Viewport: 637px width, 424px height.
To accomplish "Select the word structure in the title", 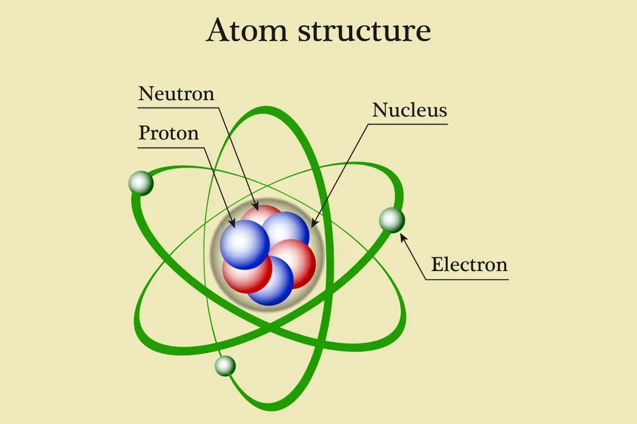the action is pyautogui.click(x=365, y=32).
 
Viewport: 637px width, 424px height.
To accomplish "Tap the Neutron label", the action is pyautogui.click(x=176, y=93).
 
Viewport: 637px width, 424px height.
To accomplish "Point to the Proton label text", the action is pyautogui.click(x=168, y=134).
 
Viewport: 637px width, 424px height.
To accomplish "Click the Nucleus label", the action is pyautogui.click(x=410, y=110).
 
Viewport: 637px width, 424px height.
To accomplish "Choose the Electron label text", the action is pyautogui.click(x=469, y=264).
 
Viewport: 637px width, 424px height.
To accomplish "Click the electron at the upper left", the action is pyautogui.click(x=141, y=183).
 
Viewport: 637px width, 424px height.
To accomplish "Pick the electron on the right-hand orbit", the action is pyautogui.click(x=392, y=220).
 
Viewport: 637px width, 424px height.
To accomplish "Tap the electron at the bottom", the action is pyautogui.click(x=225, y=366).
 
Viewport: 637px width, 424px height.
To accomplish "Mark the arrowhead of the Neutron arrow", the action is pyautogui.click(x=256, y=206).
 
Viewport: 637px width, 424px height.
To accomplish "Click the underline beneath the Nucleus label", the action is pyautogui.click(x=410, y=124).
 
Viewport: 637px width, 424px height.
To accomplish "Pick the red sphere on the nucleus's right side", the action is pyautogui.click(x=295, y=262).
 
